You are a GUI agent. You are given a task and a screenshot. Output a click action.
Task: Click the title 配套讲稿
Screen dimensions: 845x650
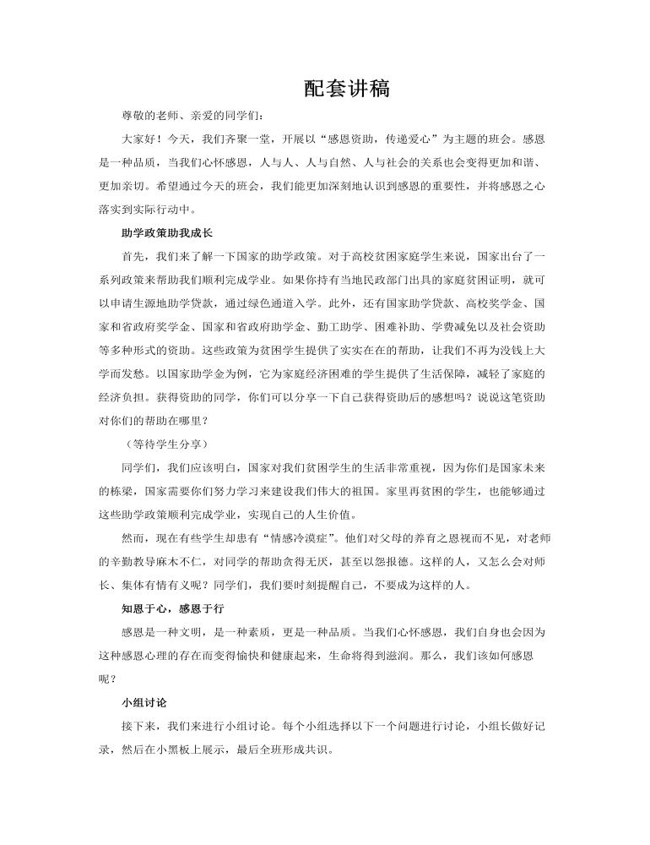(x=346, y=89)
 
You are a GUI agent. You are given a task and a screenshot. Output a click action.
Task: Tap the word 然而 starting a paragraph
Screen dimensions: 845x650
(x=133, y=537)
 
